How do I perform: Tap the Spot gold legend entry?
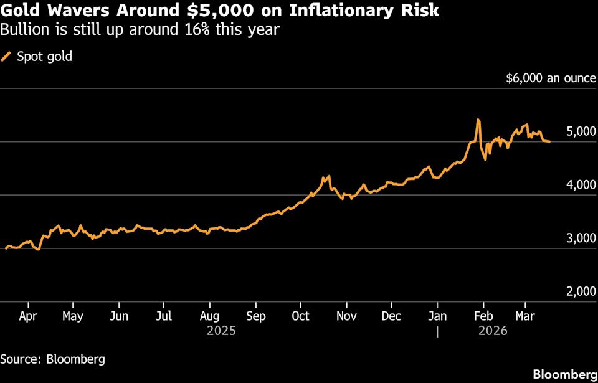[37, 57]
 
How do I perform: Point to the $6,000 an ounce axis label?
[547, 78]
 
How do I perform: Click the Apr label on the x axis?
[27, 316]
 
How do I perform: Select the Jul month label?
[163, 316]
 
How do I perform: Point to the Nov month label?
[346, 316]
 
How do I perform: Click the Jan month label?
[437, 316]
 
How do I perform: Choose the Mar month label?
[524, 316]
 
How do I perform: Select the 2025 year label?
[221, 331]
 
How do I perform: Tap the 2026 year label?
[493, 331]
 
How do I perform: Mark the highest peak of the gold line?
[478, 120]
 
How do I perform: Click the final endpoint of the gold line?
[549, 142]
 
